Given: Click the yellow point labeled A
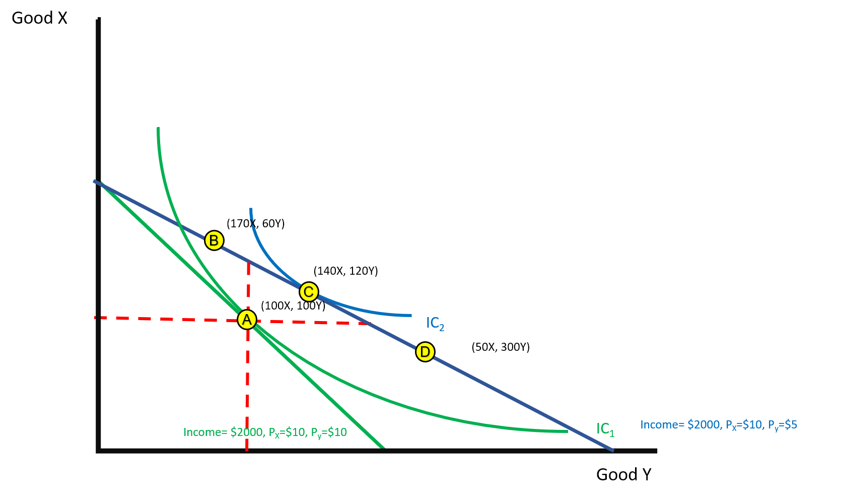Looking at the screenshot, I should click(247, 320).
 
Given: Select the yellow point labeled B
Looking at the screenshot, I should click(214, 240).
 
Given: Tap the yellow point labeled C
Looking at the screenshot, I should click(309, 292).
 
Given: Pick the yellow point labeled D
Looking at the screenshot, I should click(425, 352).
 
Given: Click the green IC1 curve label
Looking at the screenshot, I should click(605, 429).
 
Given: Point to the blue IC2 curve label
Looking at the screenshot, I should click(435, 323).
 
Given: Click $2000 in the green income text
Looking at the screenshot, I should click(247, 432).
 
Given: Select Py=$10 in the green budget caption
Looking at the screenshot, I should click(329, 432).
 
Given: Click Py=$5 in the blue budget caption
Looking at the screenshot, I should click(783, 425).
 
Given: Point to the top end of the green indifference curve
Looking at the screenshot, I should click(159, 129).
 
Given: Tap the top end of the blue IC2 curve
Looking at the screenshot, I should click(251, 209).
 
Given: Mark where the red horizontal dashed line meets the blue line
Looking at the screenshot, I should click(369, 324).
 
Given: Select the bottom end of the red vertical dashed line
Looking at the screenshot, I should click(247, 450).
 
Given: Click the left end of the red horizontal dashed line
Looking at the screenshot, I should click(96, 318).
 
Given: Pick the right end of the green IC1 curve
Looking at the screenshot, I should click(567, 431).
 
